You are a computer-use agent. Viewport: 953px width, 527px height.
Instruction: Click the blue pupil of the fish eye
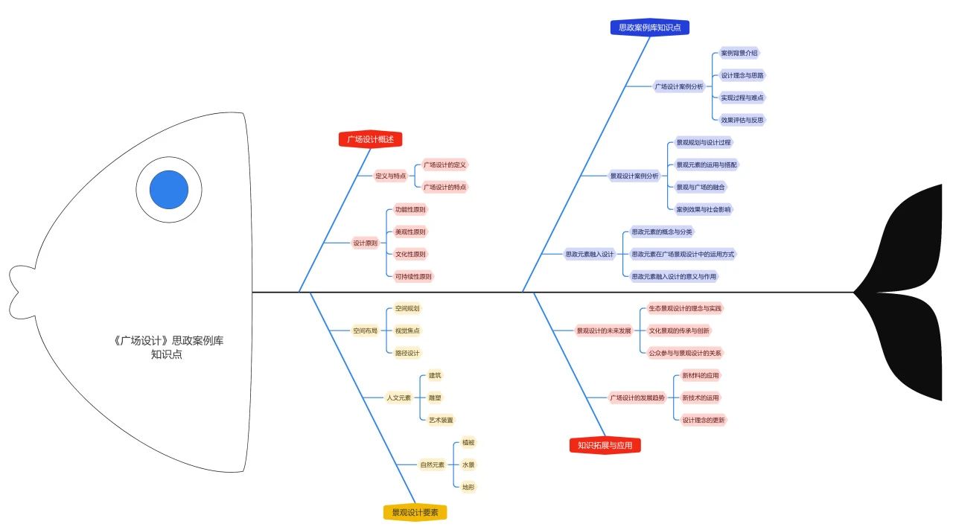(x=169, y=190)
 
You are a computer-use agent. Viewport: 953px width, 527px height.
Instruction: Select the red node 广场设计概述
(x=370, y=139)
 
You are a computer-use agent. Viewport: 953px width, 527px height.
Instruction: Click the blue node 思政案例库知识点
(x=650, y=28)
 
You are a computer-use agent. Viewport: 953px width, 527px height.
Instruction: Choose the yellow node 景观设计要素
(x=415, y=513)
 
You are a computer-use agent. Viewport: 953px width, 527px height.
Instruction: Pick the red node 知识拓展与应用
(x=605, y=445)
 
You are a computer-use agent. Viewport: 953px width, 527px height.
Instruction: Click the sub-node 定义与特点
(x=391, y=176)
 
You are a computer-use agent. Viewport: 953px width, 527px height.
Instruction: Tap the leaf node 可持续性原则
(x=413, y=276)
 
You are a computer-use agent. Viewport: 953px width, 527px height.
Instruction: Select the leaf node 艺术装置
(x=441, y=421)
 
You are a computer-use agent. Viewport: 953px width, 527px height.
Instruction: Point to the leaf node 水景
(x=468, y=465)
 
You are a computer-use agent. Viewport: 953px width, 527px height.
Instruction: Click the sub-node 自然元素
(x=433, y=465)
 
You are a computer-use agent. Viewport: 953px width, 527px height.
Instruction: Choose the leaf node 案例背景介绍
(x=739, y=53)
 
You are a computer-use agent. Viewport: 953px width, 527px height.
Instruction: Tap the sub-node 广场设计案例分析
(x=679, y=86)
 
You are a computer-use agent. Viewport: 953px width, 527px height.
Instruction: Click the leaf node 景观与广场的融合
(x=701, y=187)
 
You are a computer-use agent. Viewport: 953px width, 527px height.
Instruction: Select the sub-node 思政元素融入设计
(x=589, y=255)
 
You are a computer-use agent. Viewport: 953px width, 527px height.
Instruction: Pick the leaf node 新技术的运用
(x=701, y=397)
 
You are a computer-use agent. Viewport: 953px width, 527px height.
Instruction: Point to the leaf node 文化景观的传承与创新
(x=679, y=330)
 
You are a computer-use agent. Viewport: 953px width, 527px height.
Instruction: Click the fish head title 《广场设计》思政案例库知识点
(x=168, y=347)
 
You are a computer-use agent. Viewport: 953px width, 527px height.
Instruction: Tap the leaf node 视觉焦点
(x=407, y=330)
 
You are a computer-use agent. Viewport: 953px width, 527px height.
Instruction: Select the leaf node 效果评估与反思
(x=742, y=120)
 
